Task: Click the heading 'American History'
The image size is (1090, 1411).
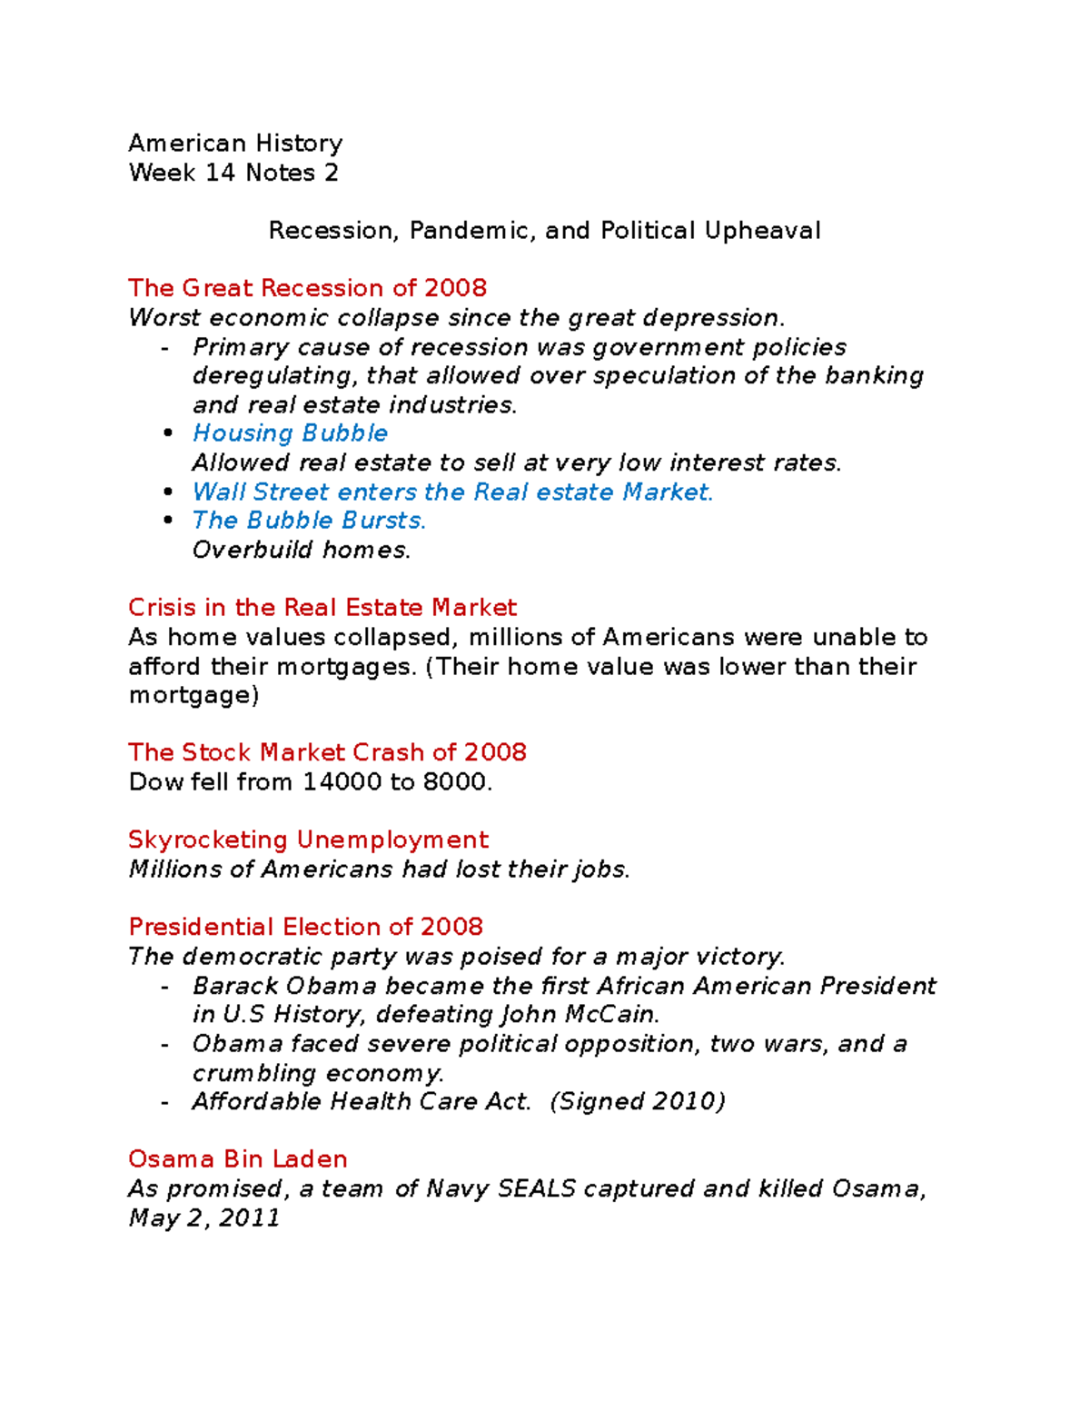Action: [x=235, y=144]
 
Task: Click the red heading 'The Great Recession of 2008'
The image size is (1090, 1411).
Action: [x=307, y=288]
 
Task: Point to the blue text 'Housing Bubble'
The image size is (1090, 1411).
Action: [x=290, y=433]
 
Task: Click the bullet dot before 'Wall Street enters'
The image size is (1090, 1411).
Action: [x=167, y=492]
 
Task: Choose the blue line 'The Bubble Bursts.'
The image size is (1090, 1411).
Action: [x=309, y=521]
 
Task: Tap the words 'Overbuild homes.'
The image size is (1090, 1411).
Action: [x=301, y=550]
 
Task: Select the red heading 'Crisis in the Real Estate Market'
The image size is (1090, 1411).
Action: [x=322, y=608]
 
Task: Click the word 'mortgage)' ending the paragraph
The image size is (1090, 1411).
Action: [x=193, y=695]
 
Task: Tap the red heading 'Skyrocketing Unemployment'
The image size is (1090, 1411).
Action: [x=308, y=840]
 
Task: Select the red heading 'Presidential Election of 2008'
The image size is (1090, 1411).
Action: [x=305, y=927]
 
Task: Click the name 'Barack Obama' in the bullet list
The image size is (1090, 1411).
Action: [x=284, y=986]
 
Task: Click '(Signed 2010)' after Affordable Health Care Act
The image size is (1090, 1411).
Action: [x=638, y=1101]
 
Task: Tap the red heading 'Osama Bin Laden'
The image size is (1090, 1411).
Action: [x=237, y=1159]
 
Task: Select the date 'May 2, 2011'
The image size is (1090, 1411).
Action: [x=204, y=1217]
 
